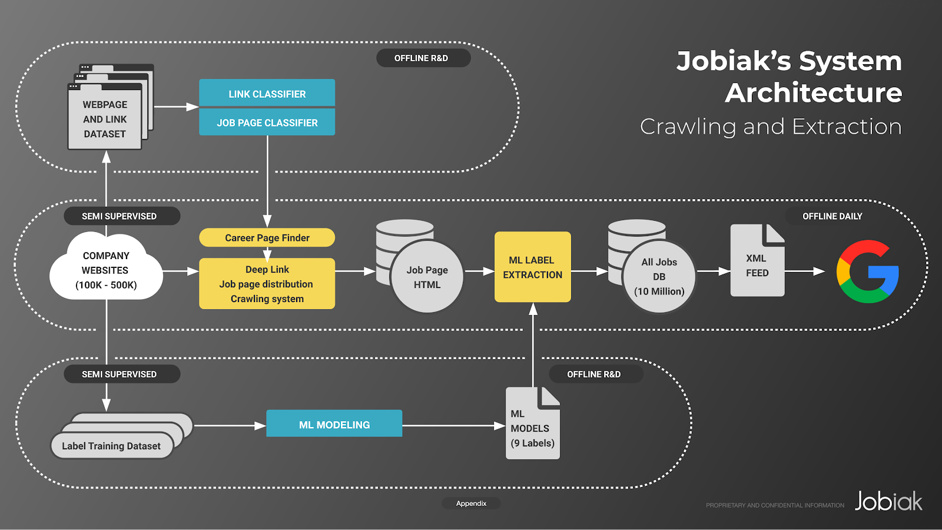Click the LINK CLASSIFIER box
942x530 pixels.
pyautogui.click(x=267, y=93)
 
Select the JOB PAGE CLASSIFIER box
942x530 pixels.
pyautogui.click(x=267, y=122)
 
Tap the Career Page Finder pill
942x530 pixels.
pyautogui.click(x=267, y=237)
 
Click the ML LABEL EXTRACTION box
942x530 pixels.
pyautogui.click(x=532, y=267)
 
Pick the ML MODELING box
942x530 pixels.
pyautogui.click(x=334, y=424)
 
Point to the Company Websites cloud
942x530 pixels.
pyautogui.click(x=106, y=270)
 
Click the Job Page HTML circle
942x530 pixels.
pyautogui.click(x=427, y=277)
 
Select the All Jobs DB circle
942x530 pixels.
pyautogui.click(x=659, y=276)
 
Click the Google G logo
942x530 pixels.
pyautogui.click(x=867, y=271)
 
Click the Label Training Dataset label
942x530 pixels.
pyautogui.click(x=111, y=446)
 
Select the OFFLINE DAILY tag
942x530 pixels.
pyautogui.click(x=832, y=216)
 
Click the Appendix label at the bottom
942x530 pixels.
pyautogui.click(x=471, y=503)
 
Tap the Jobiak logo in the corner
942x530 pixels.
pyautogui.click(x=888, y=501)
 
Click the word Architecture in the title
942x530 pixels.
pyautogui.click(x=813, y=93)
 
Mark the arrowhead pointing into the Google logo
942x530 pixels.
pyautogui.click(x=819, y=271)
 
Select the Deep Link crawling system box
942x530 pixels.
pyautogui.click(x=267, y=284)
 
